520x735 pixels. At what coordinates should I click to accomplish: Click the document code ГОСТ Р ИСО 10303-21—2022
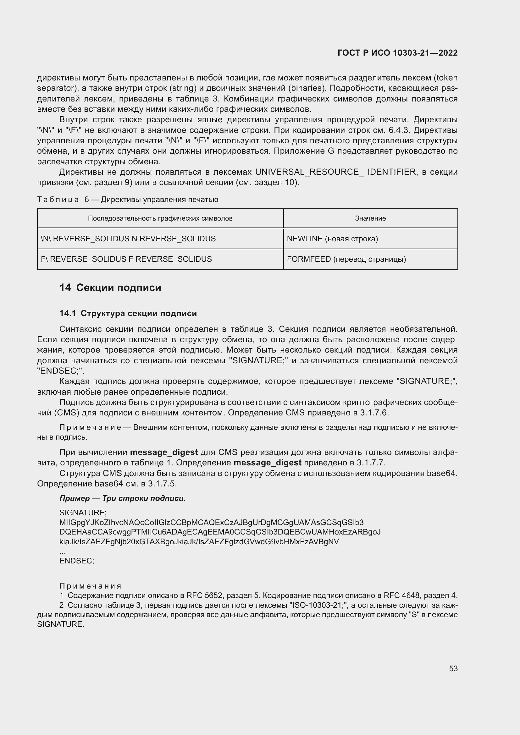coord(397,53)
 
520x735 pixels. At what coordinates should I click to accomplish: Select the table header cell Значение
coord(370,218)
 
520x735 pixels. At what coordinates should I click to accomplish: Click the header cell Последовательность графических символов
coord(160,218)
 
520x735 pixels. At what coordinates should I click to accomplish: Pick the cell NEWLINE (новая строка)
coord(332,239)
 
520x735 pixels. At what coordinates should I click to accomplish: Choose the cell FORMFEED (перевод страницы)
coord(346,259)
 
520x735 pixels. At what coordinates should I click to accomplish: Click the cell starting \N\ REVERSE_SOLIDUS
coord(128,239)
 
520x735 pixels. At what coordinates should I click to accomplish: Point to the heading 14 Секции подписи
coord(110,288)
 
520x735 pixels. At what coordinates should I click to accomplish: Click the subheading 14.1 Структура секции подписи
coord(128,313)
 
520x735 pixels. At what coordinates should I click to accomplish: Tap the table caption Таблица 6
coord(127,200)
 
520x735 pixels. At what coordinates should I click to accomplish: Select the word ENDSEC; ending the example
coord(76,561)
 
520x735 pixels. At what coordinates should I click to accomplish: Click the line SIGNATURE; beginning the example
coord(83,513)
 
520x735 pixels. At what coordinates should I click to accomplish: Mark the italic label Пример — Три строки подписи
coord(122,498)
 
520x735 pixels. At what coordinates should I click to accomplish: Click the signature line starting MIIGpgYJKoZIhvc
coord(211,523)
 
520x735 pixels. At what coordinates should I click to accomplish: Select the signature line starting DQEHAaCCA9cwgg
coord(220,532)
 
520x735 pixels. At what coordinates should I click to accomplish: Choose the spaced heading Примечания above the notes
coord(90,586)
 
